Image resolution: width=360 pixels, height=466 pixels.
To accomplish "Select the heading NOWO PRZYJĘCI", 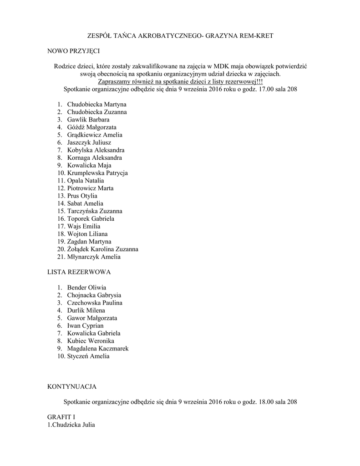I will click(x=73, y=51).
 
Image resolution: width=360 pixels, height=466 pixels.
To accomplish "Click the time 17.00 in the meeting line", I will click(x=266, y=89).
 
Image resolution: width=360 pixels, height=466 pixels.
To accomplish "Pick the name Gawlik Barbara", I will click(x=88, y=120).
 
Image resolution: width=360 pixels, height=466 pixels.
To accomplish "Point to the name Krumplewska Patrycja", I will click(x=97, y=173).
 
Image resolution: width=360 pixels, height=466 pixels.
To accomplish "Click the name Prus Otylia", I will click(x=82, y=196).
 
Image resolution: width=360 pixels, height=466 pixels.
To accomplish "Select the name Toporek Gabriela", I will click(x=91, y=219).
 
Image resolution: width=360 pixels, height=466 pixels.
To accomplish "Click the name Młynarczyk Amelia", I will click(x=94, y=257).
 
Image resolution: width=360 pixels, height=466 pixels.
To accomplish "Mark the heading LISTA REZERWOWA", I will click(x=79, y=272).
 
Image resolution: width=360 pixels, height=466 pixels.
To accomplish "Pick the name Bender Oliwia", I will click(x=86, y=288).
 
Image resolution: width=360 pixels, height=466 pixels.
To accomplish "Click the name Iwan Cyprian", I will click(x=85, y=326).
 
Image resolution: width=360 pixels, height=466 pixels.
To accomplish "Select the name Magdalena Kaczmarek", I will click(x=98, y=349).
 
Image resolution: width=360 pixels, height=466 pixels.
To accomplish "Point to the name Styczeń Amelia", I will click(x=88, y=356).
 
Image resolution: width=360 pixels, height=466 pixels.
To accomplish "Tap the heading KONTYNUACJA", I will click(x=72, y=386).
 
